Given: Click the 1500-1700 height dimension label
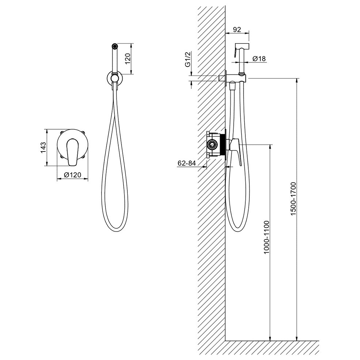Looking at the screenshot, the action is [x=294, y=198].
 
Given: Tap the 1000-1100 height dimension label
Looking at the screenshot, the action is [x=267, y=237].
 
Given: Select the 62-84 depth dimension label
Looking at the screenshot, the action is [x=187, y=163].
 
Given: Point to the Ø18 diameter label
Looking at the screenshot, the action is [x=259, y=58].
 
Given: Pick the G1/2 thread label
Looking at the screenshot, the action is [x=188, y=59].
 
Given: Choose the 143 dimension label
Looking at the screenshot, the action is [x=43, y=148].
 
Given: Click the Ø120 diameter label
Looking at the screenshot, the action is [x=73, y=175].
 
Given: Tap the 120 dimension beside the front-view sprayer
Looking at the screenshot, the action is [x=127, y=58].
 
